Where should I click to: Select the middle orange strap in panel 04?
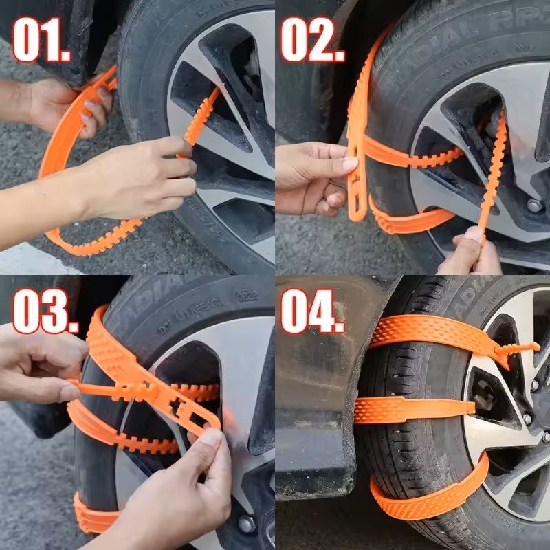(412, 408)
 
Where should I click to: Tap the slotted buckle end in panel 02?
(357, 186)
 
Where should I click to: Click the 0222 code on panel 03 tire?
(242, 295)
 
